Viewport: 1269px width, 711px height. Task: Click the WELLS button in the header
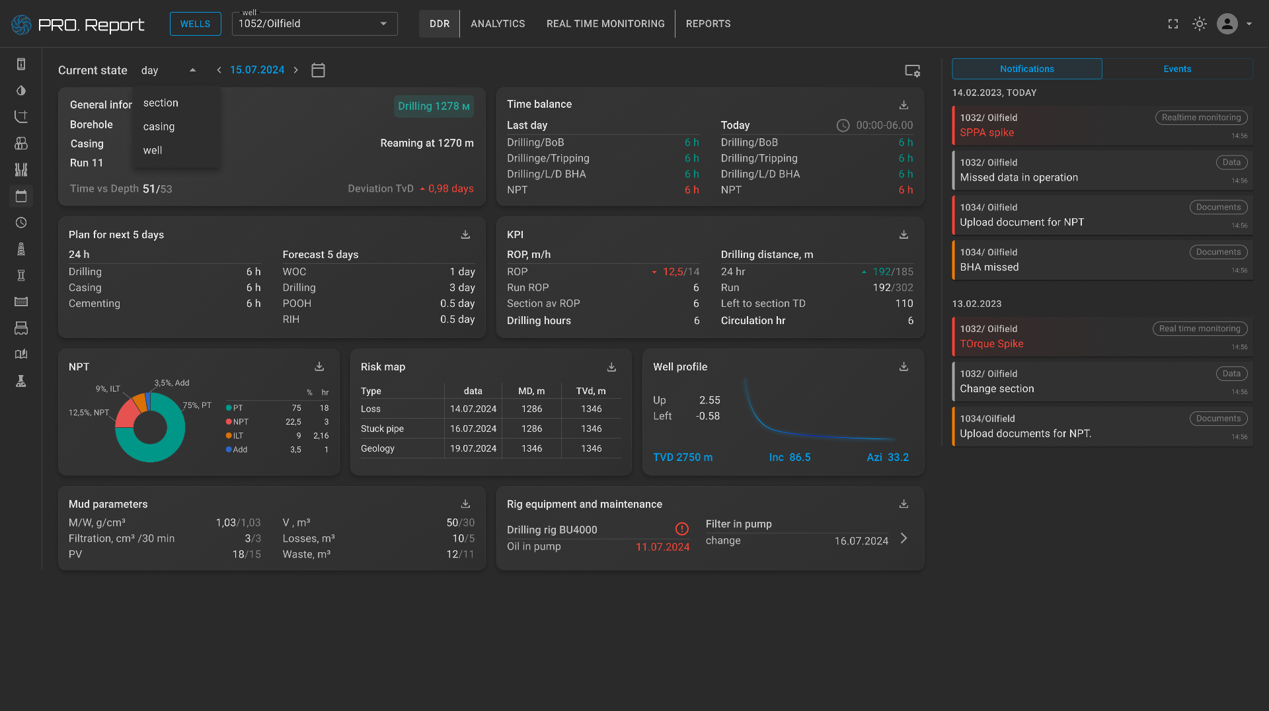[x=195, y=24]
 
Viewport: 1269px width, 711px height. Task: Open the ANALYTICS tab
[x=498, y=24]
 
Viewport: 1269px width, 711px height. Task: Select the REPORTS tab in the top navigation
[x=708, y=24]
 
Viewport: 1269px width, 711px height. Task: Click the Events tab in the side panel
[x=1177, y=69]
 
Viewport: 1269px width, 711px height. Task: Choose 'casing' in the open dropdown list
[x=159, y=126]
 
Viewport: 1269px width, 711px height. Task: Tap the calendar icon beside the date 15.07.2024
[x=318, y=70]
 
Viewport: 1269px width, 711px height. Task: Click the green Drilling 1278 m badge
[x=434, y=106]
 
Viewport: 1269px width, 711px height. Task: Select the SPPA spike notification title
[x=987, y=132]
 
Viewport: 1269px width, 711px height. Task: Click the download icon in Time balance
[x=904, y=105]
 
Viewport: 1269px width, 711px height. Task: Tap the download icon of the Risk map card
[x=611, y=367]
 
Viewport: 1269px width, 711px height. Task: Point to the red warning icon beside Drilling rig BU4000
[x=681, y=528]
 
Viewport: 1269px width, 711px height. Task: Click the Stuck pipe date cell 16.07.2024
[x=473, y=429]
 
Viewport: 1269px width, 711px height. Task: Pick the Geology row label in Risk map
[x=377, y=448]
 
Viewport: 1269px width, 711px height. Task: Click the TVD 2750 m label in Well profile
[x=683, y=458]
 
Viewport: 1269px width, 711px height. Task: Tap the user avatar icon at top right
[x=1227, y=24]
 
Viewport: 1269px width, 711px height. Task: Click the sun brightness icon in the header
[x=1199, y=24]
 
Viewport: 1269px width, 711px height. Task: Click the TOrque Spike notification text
[x=991, y=344]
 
